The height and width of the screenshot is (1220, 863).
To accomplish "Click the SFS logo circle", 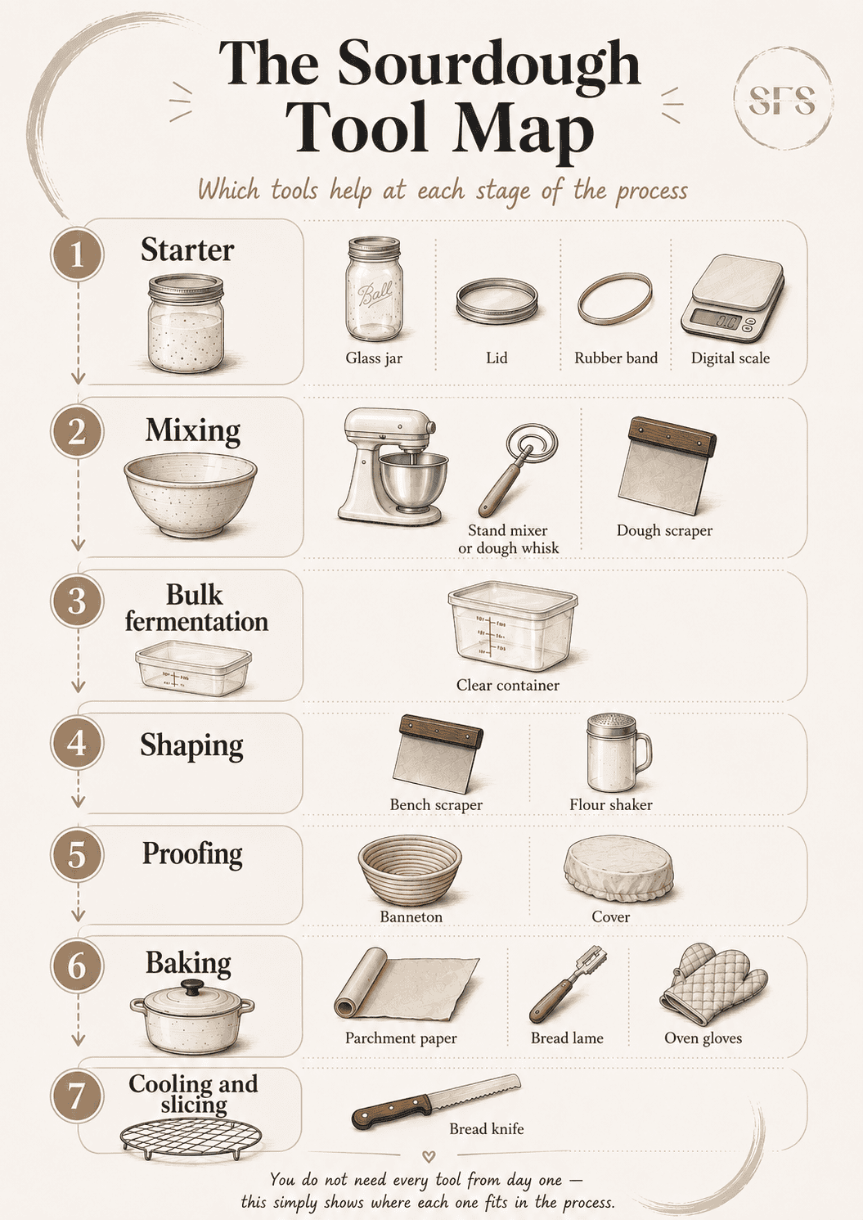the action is pos(783,101).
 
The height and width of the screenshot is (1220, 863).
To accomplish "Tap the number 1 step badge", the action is pos(78,254).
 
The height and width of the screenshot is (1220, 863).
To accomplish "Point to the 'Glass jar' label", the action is pos(374,358).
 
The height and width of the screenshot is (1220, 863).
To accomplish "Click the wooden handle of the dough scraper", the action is pos(672,436).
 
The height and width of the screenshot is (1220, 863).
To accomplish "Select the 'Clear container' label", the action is pos(507,685).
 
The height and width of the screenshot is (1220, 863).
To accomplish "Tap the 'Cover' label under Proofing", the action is pos(610,917).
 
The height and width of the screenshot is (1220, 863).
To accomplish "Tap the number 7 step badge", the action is pos(78,1096).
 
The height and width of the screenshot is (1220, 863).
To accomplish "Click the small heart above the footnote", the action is pos(429,1155).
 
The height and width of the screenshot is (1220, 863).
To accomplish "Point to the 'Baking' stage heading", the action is pos(188,963).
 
